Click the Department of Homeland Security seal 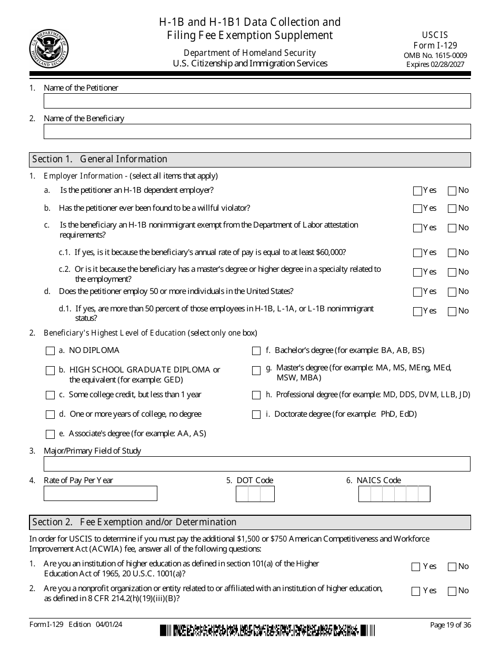point(49,48)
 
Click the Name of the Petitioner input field point(257,101)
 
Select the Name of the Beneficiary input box point(257,131)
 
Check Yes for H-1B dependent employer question point(417,191)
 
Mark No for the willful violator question point(452,209)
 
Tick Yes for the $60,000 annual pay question point(417,253)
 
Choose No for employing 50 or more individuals point(452,292)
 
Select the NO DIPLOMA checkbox point(51,351)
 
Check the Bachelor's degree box point(256,351)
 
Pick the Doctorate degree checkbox point(256,415)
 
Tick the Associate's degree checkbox point(51,435)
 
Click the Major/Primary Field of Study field point(257,464)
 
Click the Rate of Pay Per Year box point(101,494)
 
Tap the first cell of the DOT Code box point(242,494)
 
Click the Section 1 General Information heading point(100,159)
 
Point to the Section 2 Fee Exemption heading point(134,522)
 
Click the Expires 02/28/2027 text point(435,64)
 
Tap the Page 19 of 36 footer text point(451,625)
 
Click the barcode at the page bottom point(267,630)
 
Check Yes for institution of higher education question point(416,567)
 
